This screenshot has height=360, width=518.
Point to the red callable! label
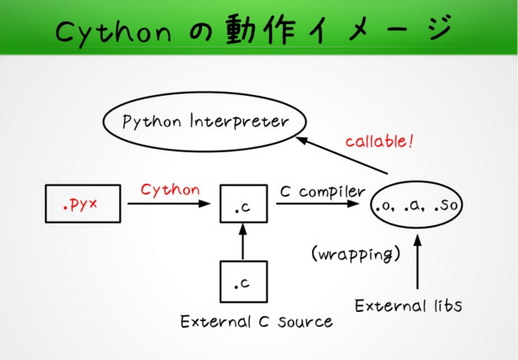click(379, 141)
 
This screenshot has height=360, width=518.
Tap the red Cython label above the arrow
click(170, 190)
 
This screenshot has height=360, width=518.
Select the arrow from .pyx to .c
click(169, 204)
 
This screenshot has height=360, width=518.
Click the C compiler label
click(323, 191)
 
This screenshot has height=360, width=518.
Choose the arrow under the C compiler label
click(318, 204)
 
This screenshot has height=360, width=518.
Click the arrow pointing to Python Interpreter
click(342, 155)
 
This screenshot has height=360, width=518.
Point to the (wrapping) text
click(356, 254)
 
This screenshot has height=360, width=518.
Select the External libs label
click(408, 305)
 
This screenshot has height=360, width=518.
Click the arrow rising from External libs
click(418, 262)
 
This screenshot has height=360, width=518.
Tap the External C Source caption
click(257, 321)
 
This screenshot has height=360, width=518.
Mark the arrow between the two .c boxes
click(242, 242)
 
